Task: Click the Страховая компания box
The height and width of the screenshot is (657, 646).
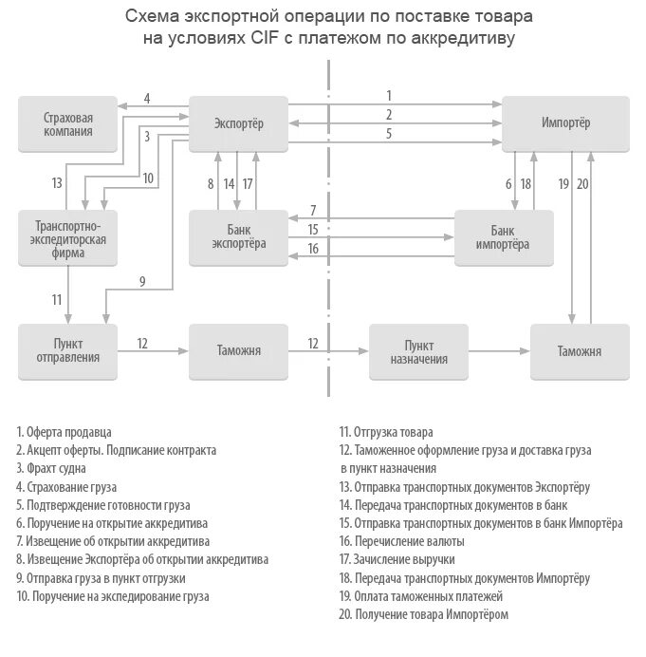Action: click(x=67, y=124)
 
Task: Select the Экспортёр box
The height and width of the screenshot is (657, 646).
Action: click(x=238, y=124)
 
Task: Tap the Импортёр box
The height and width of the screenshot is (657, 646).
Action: click(x=565, y=124)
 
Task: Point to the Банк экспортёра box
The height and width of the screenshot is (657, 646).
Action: click(x=238, y=237)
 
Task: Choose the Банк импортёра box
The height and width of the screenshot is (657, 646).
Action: click(x=503, y=237)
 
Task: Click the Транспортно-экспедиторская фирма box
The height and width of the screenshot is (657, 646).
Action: click(x=67, y=239)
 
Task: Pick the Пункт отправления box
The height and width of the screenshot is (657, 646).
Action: click(x=67, y=350)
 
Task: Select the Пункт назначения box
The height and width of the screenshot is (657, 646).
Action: click(x=418, y=350)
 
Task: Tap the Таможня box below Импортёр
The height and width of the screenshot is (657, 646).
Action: click(x=579, y=350)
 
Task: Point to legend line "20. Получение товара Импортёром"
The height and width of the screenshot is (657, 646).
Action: click(x=423, y=614)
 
